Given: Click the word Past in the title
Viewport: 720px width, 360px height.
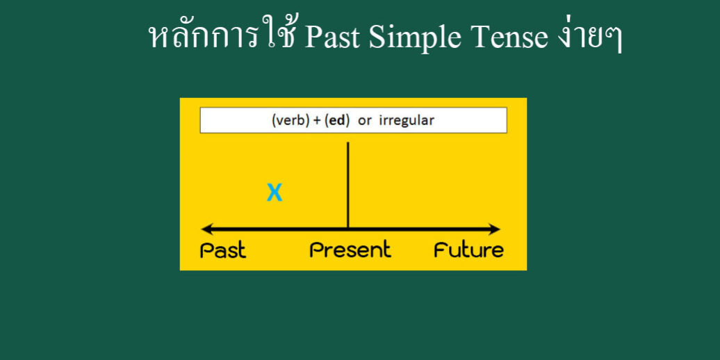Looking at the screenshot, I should [333, 38].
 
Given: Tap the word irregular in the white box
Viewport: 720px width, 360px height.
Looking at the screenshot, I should [407, 120].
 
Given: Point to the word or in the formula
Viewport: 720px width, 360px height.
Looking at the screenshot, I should [365, 120].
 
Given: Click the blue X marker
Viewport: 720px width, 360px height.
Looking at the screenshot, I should [275, 193].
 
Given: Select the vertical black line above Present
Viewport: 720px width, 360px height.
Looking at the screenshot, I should [347, 184].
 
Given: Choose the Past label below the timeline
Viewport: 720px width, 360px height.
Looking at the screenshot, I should [223, 250].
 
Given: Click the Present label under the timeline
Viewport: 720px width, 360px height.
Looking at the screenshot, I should [350, 250].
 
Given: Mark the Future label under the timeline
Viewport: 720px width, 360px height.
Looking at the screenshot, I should [468, 250].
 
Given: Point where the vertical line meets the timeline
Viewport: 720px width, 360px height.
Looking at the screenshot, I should [347, 229].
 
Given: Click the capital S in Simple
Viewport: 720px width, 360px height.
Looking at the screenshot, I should [376, 38].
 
